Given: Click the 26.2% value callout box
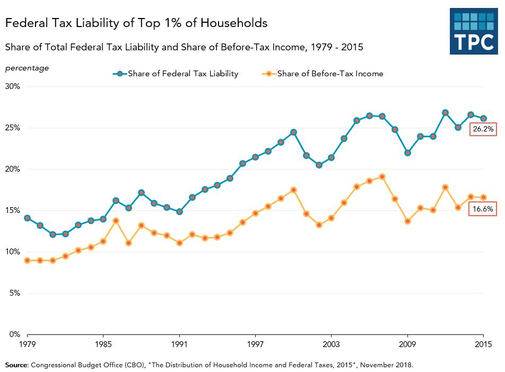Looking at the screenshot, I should pos(483,129).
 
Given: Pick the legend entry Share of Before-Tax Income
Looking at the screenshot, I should pos(323,74).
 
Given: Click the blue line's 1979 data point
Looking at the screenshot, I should pos(27,218).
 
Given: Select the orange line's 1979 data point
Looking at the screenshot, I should pos(27,261).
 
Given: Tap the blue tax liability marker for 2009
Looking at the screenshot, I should pos(407,153).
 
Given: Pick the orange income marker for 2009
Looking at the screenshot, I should pos(407,222).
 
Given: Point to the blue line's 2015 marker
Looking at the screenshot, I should pos(483,118).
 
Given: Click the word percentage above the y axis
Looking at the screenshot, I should pos(27,68).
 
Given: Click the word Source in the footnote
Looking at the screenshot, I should pos(16,365).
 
